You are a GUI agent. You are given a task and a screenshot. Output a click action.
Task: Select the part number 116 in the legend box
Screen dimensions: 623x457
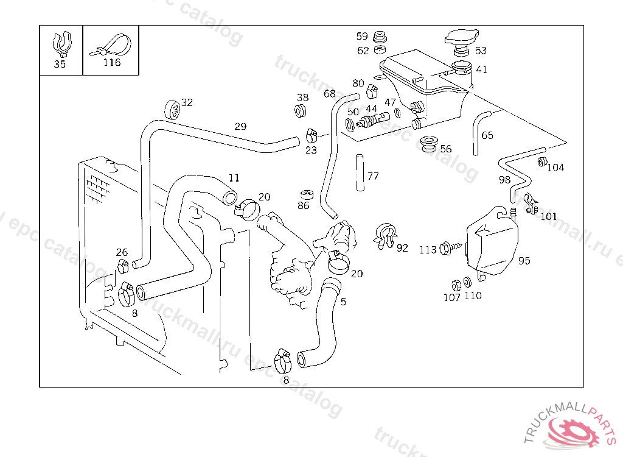click(112, 63)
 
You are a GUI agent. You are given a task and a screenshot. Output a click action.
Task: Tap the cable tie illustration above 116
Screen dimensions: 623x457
click(111, 44)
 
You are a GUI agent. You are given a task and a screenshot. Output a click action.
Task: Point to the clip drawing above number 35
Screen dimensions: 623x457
click(62, 44)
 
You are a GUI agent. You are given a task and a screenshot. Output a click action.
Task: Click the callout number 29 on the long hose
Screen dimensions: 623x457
click(240, 127)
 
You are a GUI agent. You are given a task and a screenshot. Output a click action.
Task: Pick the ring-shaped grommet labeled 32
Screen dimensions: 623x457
click(172, 110)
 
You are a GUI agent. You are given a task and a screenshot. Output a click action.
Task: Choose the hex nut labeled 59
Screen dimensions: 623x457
click(380, 37)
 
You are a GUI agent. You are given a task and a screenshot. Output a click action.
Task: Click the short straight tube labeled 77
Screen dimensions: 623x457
click(360, 173)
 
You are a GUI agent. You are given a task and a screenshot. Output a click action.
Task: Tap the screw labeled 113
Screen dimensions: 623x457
click(451, 249)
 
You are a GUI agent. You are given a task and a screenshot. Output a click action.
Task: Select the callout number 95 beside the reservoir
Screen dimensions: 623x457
click(524, 261)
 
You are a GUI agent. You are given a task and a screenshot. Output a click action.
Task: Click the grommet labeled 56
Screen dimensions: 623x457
click(428, 144)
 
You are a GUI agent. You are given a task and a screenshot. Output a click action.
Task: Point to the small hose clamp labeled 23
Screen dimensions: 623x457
click(312, 136)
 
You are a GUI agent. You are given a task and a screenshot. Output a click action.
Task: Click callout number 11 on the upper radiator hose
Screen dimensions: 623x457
click(234, 177)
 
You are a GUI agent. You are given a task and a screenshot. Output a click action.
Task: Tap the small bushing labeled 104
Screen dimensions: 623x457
click(541, 162)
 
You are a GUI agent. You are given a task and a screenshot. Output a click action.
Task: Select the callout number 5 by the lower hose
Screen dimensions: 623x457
click(343, 302)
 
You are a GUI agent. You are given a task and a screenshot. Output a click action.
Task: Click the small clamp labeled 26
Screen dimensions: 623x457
click(123, 266)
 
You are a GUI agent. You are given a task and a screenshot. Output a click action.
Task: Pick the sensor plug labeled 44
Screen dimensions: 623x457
click(373, 120)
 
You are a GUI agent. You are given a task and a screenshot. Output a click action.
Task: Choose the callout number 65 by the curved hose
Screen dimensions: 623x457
click(487, 135)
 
